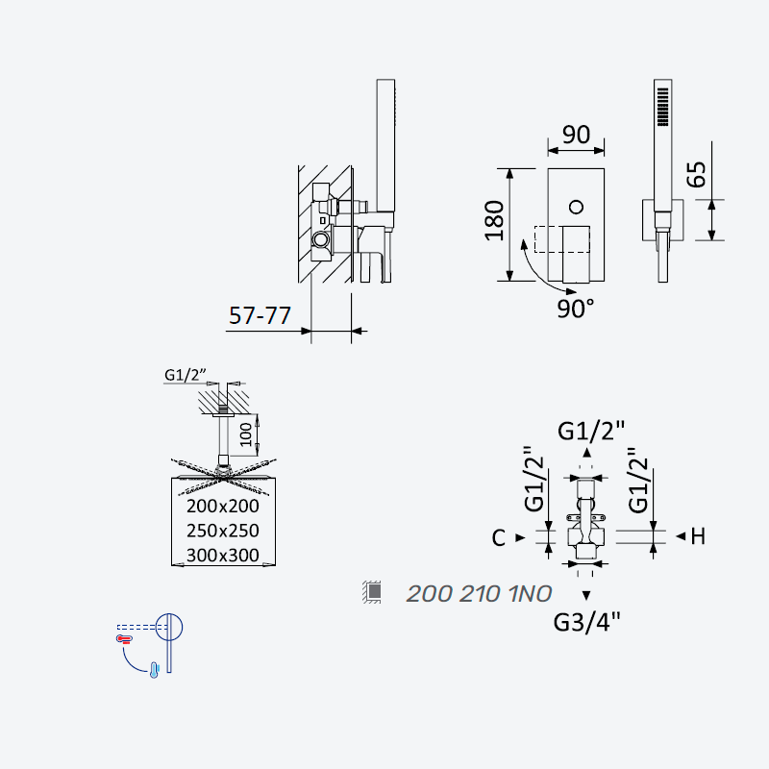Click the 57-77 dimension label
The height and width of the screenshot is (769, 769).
click(260, 315)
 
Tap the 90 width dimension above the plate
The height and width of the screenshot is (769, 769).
click(576, 135)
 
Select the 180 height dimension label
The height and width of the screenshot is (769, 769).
click(494, 221)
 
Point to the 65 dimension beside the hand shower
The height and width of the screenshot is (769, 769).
click(696, 174)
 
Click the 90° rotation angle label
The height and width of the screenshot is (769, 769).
click(575, 309)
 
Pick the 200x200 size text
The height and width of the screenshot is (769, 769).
click(223, 507)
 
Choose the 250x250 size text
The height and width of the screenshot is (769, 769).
click(223, 531)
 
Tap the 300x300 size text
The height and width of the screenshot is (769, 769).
click(223, 556)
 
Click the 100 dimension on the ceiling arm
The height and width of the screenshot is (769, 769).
click(246, 434)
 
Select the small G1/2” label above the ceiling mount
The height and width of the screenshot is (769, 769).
click(185, 375)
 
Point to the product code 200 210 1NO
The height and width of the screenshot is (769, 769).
click(479, 593)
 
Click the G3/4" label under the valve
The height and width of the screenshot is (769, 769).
click(586, 622)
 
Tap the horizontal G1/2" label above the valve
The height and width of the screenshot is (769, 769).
click(591, 431)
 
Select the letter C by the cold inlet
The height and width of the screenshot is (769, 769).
click(498, 538)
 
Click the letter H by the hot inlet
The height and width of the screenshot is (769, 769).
click(698, 536)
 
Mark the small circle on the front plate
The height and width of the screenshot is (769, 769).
click(576, 207)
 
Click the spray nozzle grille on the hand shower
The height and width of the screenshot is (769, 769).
click(662, 107)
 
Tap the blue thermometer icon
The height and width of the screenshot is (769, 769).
click(154, 670)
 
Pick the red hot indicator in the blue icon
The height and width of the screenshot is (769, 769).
click(124, 638)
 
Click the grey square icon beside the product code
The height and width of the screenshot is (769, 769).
click(374, 591)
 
